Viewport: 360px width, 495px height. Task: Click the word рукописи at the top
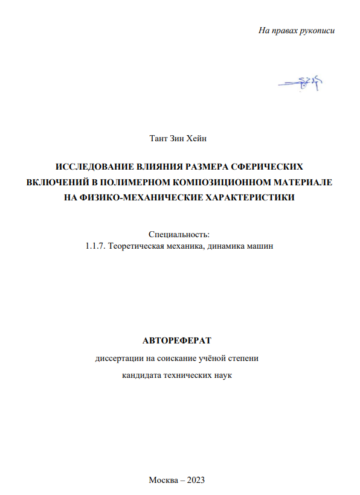pyautogui.click(x=315, y=30)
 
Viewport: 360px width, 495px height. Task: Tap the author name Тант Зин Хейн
pyautogui.click(x=178, y=139)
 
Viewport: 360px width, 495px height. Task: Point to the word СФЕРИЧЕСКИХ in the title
pyautogui.click(x=268, y=167)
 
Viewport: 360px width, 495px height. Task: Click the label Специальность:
pyautogui.click(x=179, y=234)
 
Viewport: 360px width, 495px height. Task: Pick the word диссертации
pyautogui.click(x=119, y=358)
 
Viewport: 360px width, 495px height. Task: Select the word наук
pyautogui.click(x=222, y=375)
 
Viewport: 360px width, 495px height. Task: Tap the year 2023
pyautogui.click(x=196, y=480)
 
